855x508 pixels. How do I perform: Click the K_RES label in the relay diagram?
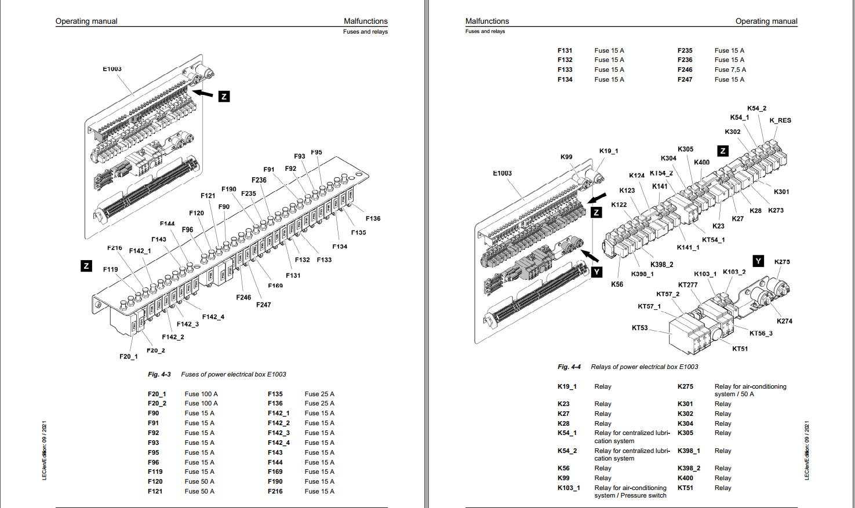[780, 120]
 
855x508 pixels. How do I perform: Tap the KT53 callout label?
[639, 328]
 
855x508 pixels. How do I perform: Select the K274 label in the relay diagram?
[784, 321]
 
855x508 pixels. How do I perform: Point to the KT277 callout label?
[688, 285]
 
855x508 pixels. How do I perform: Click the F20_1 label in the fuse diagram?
[129, 356]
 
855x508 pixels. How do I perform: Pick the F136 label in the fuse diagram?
[373, 218]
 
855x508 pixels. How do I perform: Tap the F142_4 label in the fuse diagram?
[213, 317]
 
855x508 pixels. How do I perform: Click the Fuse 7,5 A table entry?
[730, 70]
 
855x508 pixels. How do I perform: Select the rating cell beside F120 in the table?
[199, 481]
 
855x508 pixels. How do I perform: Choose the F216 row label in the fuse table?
[275, 491]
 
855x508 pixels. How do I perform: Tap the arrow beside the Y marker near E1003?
[590, 255]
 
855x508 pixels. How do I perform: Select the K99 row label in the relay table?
[563, 478]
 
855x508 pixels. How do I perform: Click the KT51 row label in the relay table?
[685, 488]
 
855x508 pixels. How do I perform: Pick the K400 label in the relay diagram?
[701, 162]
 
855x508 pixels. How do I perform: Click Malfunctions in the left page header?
[365, 21]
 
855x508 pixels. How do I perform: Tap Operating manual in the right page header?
[766, 21]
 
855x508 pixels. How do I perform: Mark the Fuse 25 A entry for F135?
[319, 394]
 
